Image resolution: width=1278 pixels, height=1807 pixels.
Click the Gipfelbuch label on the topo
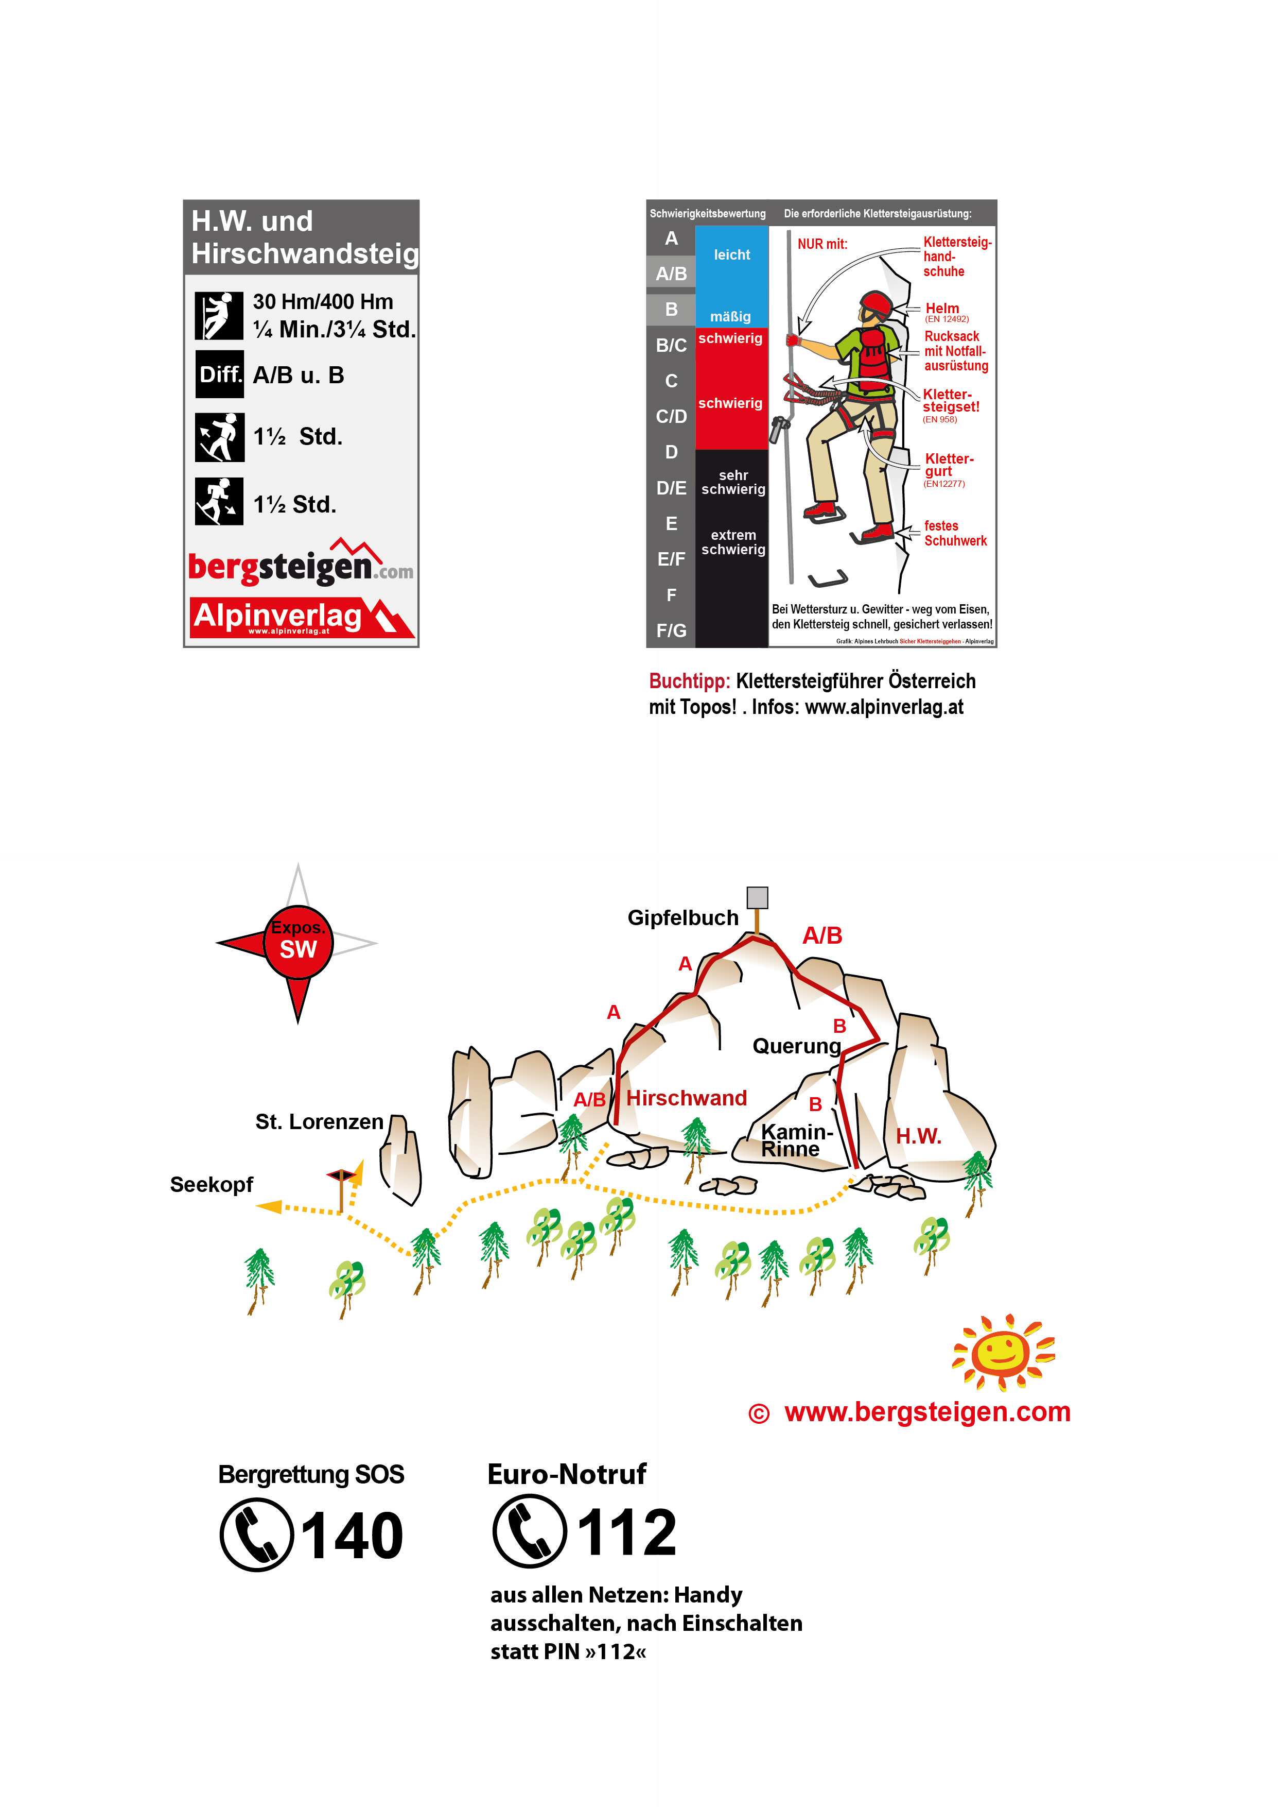[682, 918]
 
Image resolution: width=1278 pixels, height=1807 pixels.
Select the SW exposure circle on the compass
[298, 943]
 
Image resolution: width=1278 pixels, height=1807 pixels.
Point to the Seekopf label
[211, 1185]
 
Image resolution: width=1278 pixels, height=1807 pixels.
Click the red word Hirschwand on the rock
[686, 1098]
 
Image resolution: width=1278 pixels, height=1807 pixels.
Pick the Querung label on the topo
[796, 1046]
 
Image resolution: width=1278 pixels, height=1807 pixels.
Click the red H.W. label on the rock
[918, 1136]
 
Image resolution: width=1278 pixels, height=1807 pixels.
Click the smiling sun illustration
[1002, 1352]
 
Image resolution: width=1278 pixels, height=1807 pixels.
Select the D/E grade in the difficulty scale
[671, 488]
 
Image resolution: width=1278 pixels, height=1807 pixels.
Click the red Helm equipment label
[942, 309]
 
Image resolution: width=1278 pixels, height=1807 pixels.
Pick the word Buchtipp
[689, 681]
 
